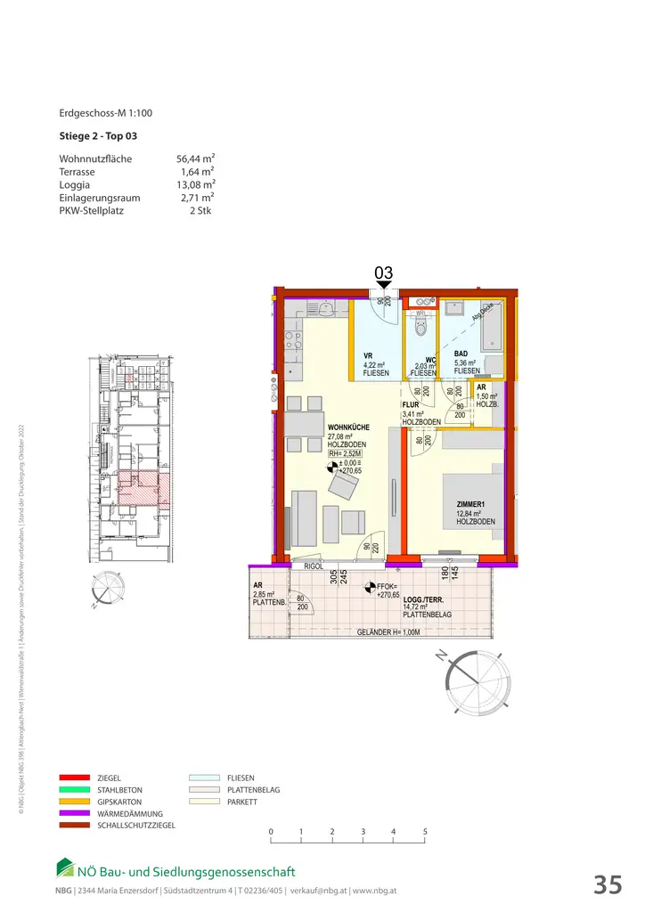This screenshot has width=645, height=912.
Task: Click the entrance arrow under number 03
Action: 384,285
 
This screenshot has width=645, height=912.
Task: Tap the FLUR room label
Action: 411,403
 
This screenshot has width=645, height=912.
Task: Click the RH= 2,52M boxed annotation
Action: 346,452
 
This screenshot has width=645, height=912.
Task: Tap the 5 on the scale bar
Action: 425,832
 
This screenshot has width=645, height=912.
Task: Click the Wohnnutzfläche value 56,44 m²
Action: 195,159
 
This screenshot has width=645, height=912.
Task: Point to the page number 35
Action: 608,884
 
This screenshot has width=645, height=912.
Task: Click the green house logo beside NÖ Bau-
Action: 65,867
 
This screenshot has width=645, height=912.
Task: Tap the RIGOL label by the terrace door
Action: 313,566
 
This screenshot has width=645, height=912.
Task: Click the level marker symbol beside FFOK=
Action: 369,587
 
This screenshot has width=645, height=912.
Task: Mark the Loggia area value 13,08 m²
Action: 195,185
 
